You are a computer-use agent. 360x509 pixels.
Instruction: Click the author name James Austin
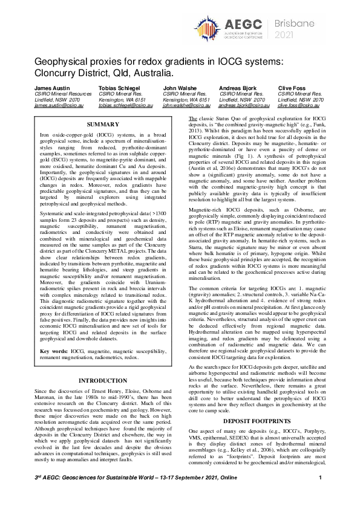click(x=50, y=88)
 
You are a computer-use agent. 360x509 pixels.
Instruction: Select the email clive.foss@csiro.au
click(x=298, y=105)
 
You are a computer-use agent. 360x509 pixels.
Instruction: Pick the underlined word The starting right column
click(x=193, y=118)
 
